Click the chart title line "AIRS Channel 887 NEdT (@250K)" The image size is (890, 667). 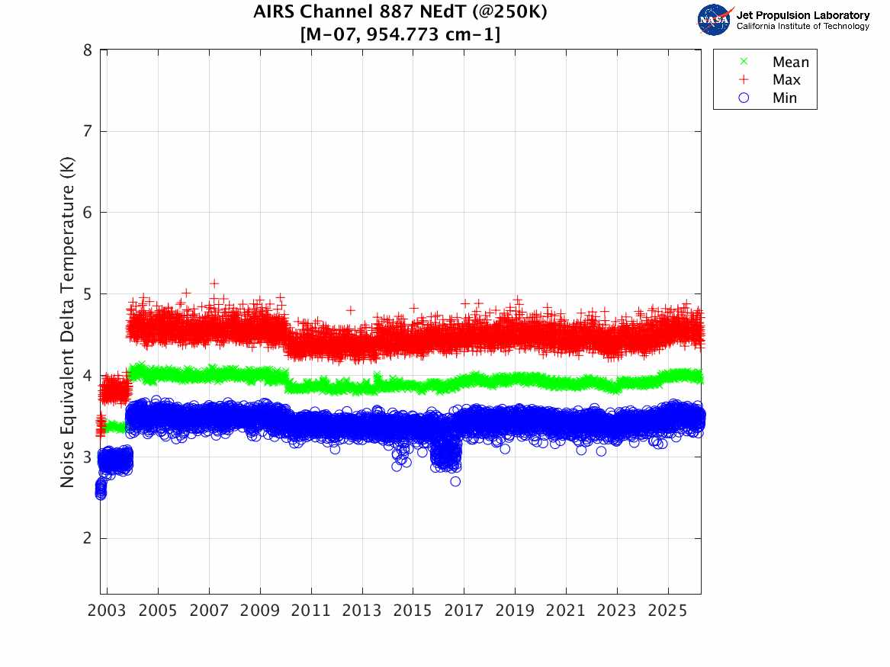pyautogui.click(x=400, y=13)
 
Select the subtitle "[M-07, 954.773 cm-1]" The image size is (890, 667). pyautogui.click(x=400, y=34)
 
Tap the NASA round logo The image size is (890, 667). pyautogui.click(x=714, y=19)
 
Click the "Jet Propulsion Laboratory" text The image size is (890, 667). pyautogui.click(x=802, y=14)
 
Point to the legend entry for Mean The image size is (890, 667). pyautogui.click(x=790, y=63)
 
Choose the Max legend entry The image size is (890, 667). pyautogui.click(x=786, y=80)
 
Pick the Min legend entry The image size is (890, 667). pyautogui.click(x=785, y=98)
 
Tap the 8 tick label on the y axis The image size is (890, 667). pyautogui.click(x=88, y=50)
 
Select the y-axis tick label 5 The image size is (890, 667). pyautogui.click(x=88, y=294)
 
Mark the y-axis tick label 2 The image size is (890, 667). pyautogui.click(x=88, y=538)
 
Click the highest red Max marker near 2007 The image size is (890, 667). pyautogui.click(x=214, y=284)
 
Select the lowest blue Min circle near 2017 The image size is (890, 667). pyautogui.click(x=455, y=481)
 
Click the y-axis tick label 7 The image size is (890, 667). pyautogui.click(x=88, y=131)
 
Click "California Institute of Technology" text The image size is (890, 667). pyautogui.click(x=802, y=27)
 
